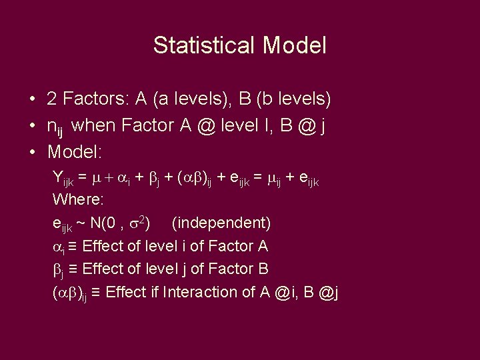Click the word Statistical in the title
tap(204, 46)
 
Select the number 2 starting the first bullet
tap(51, 100)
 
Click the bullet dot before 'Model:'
tap(32, 151)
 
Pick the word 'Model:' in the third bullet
tap(75, 151)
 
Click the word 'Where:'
tap(77, 199)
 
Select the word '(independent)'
tap(221, 222)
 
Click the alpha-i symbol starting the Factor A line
tap(57, 247)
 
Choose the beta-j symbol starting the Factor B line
tap(57, 270)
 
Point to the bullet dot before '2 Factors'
tap(32, 100)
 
